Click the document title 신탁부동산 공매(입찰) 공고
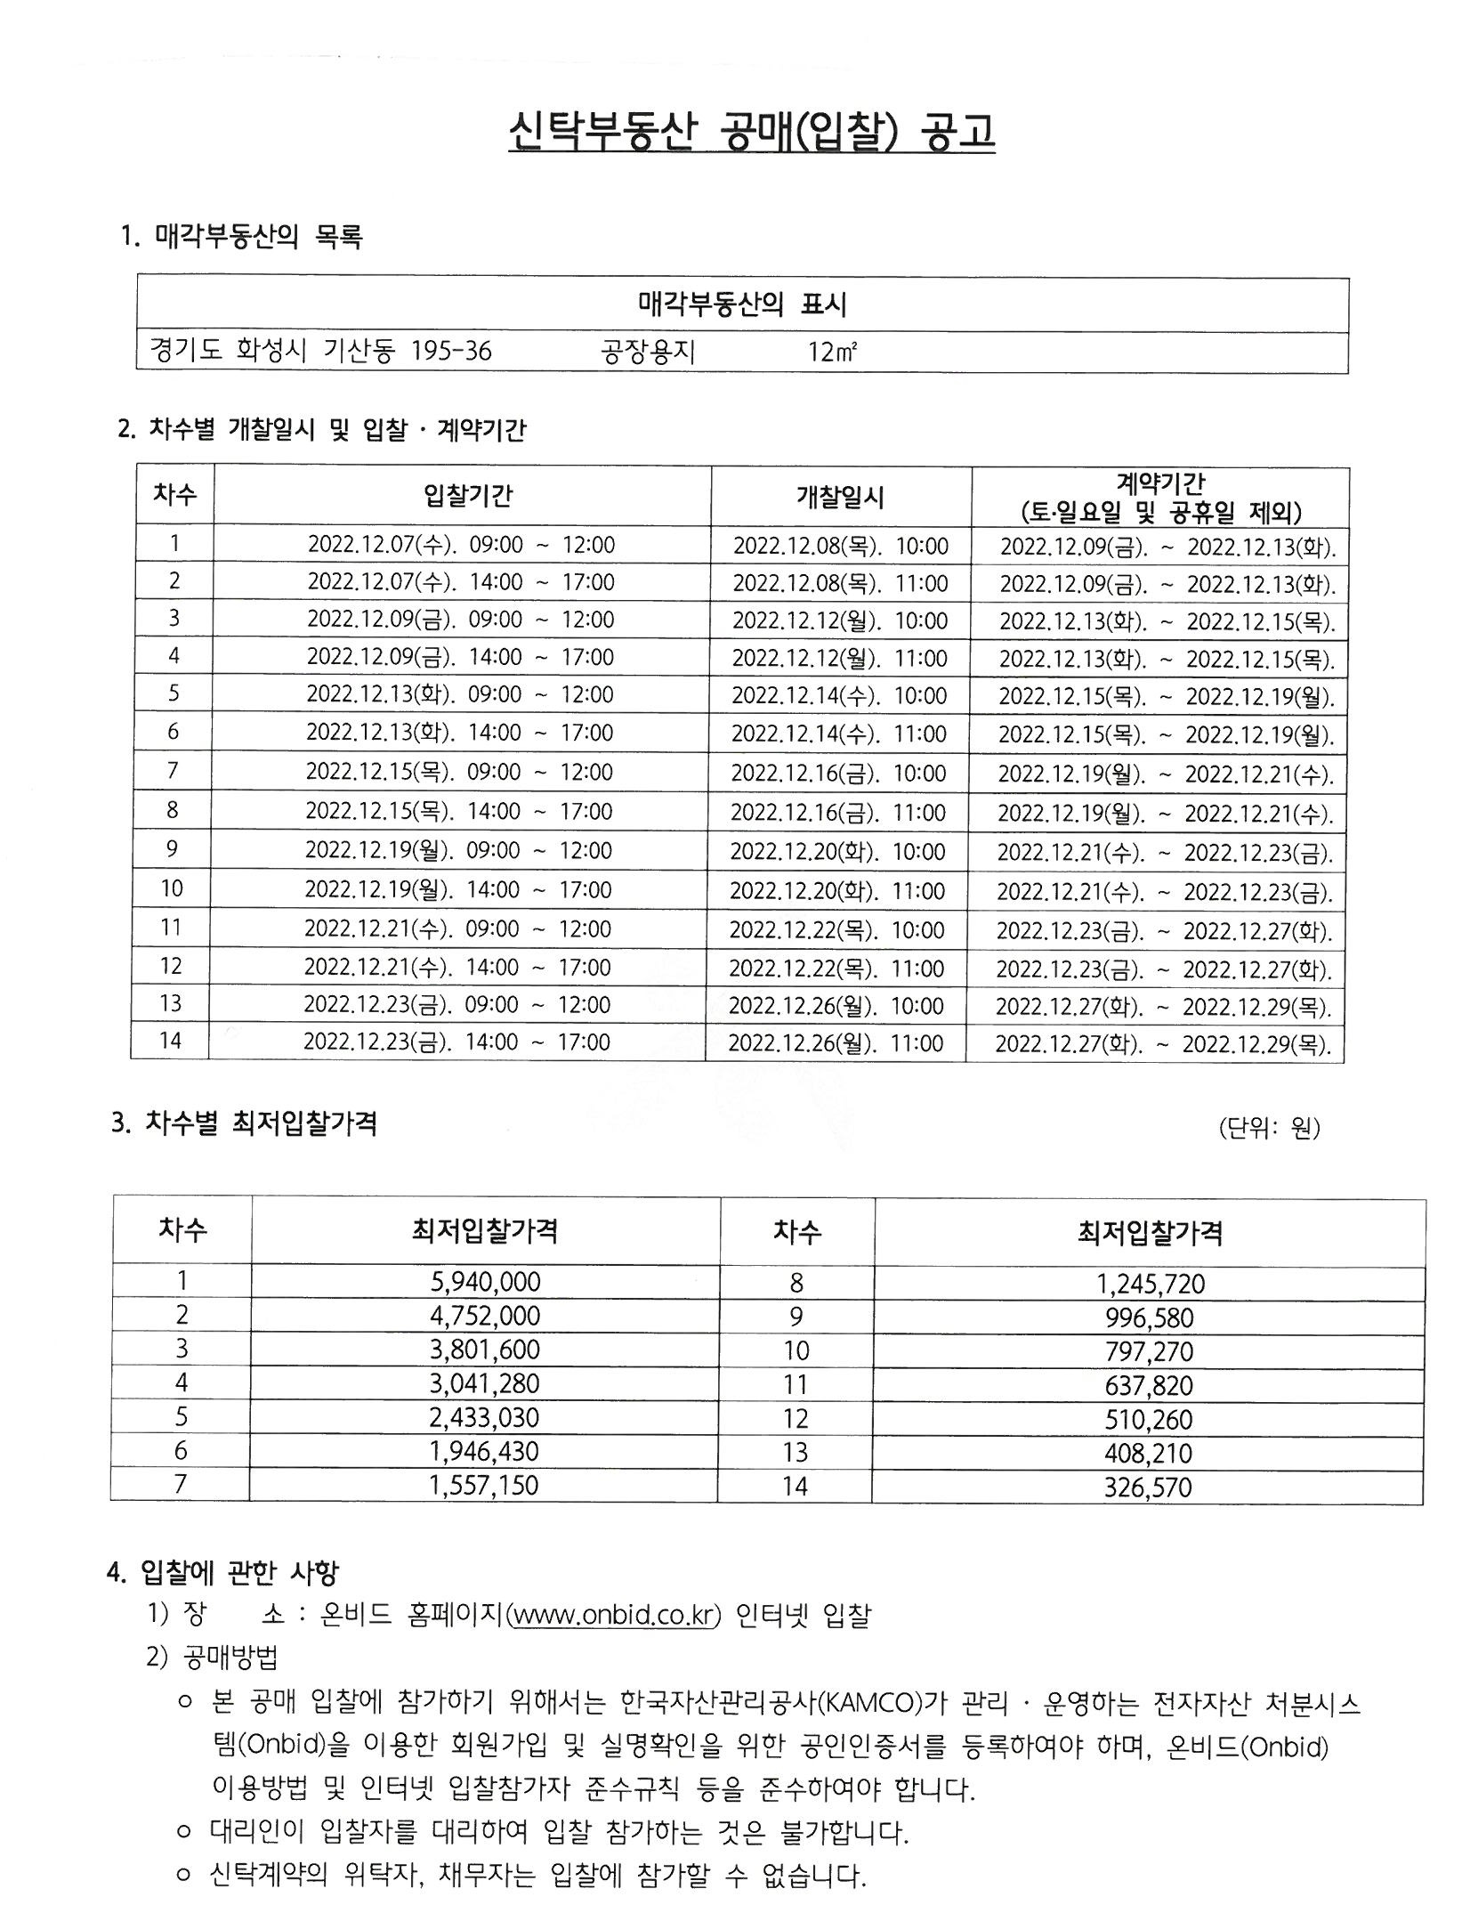[751, 133]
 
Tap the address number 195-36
[451, 352]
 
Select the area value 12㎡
[832, 353]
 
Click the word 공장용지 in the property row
[648, 353]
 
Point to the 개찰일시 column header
[840, 497]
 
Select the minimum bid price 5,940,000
[486, 1281]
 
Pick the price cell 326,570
[1148, 1487]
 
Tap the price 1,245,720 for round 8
[1150, 1283]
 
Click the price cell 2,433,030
[486, 1417]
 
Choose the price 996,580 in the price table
[1149, 1317]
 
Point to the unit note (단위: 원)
[1269, 1129]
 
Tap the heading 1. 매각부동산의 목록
[242, 236]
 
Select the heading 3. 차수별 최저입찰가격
[245, 1123]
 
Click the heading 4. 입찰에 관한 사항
[222, 1572]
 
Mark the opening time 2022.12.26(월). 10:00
[836, 1006]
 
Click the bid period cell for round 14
[456, 1042]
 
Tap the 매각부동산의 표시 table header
[742, 305]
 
